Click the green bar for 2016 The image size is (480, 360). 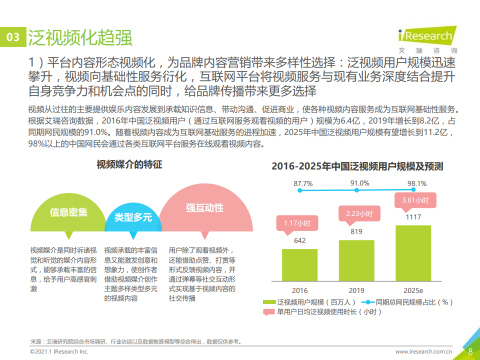[299, 265]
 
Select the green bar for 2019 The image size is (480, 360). [356, 260]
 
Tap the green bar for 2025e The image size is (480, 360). [413, 253]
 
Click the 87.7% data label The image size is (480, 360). [303, 183]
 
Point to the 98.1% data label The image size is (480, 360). [417, 183]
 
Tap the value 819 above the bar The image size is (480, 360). [356, 231]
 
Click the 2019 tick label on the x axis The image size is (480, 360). [356, 290]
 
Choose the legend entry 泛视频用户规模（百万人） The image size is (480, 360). [310, 302]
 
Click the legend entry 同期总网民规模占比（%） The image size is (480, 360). [410, 302]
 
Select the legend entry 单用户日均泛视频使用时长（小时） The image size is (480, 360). [323, 312]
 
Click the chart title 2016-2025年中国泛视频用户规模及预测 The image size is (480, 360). [357, 166]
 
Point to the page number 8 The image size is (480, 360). [470, 351]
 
